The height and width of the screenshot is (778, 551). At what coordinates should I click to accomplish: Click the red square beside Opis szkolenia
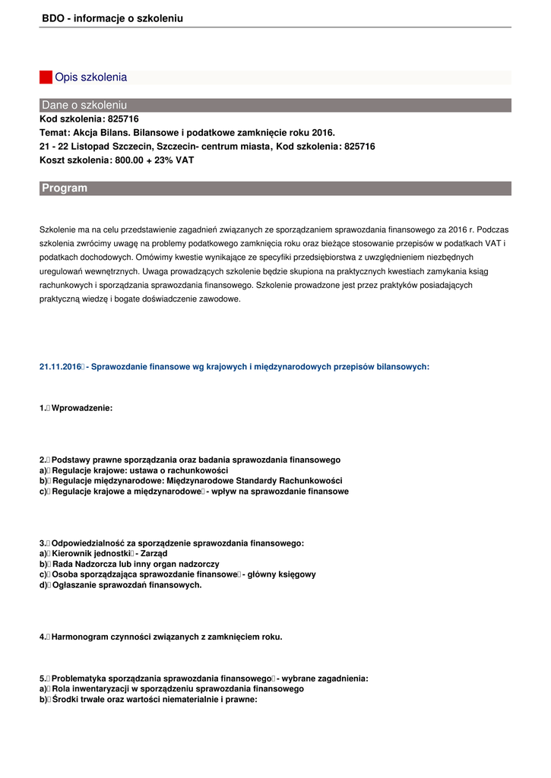point(46,77)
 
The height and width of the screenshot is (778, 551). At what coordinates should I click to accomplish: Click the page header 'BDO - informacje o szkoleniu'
point(112,18)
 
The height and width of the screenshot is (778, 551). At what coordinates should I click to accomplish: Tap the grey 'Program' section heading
point(65,188)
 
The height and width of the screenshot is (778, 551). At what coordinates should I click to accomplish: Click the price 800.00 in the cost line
point(130,160)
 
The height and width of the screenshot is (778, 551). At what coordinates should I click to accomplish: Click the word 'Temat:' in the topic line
point(54,132)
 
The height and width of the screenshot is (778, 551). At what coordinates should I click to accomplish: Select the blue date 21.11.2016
point(60,367)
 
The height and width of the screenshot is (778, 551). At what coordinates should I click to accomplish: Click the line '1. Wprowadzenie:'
point(76,408)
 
